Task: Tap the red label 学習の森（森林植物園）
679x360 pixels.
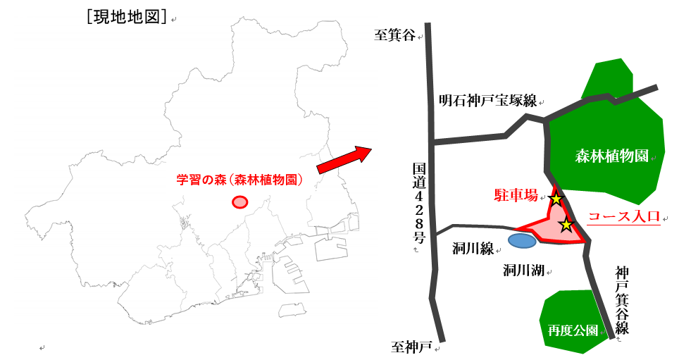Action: coord(239,180)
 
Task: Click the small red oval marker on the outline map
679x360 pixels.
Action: coord(240,202)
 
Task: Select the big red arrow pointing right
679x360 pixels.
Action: coord(344,159)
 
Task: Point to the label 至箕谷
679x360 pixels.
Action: coord(395,35)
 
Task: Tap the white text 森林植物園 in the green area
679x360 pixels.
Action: coord(611,156)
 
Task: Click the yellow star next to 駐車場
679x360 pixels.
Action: coord(556,199)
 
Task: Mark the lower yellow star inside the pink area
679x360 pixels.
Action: coord(566,225)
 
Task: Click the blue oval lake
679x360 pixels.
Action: coord(522,241)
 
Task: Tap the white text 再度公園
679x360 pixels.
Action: coord(573,330)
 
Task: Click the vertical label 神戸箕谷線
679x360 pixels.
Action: coord(621,299)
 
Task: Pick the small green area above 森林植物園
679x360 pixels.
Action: coord(607,76)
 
